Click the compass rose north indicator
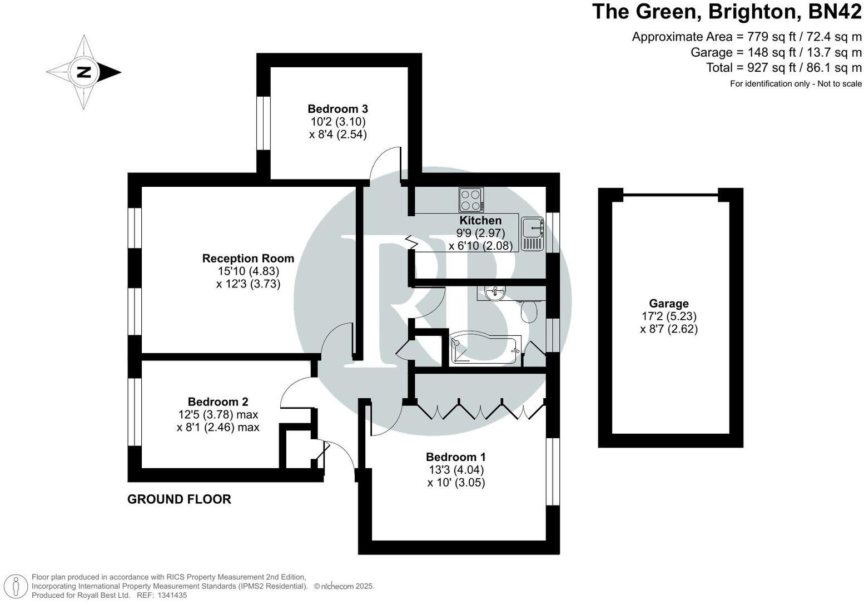tap(84, 72)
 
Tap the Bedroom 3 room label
tap(337, 109)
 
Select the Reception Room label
tap(248, 259)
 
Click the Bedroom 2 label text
tap(218, 401)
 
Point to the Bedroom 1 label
tap(455, 457)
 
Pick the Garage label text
tap(668, 304)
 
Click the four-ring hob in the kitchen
tap(471, 200)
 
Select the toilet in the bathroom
tap(529, 311)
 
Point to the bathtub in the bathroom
tap(485, 350)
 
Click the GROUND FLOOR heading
tap(179, 499)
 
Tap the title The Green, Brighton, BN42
tap(727, 12)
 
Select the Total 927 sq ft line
tap(783, 68)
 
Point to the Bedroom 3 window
tap(263, 123)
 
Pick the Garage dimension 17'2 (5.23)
tap(668, 316)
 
